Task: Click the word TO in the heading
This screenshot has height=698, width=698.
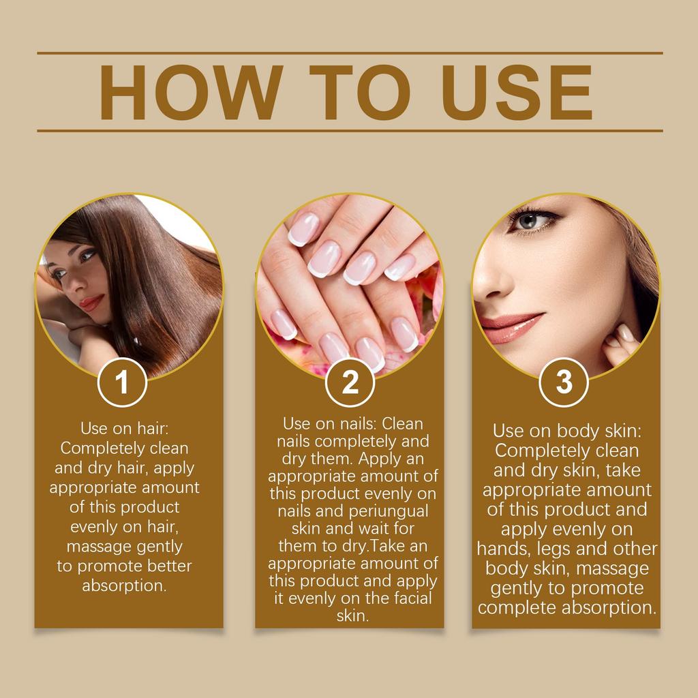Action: click(352, 93)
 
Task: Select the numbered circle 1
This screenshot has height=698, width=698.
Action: click(122, 382)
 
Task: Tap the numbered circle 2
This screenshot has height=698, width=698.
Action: click(350, 383)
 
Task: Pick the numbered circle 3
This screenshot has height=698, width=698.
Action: click(564, 382)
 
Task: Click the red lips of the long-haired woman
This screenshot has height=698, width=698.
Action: click(91, 302)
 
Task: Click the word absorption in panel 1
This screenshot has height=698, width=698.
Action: click(124, 586)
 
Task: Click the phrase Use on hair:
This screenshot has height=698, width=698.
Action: click(124, 429)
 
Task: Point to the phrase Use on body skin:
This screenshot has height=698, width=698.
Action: click(567, 431)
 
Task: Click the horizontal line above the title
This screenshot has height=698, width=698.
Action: click(350, 52)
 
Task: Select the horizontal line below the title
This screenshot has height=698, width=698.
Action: click(350, 130)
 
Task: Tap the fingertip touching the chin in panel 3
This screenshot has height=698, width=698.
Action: click(625, 334)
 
